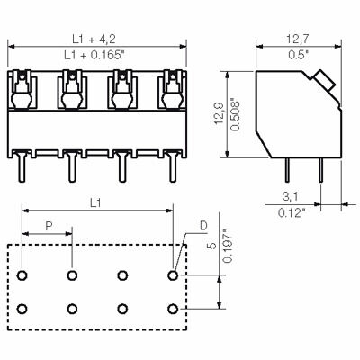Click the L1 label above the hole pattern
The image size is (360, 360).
97,205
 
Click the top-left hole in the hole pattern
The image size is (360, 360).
23,274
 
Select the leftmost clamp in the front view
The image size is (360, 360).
23,91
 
